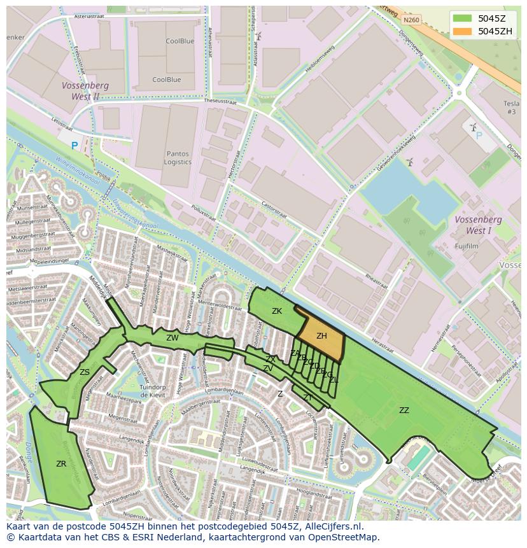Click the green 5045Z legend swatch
point(463,18)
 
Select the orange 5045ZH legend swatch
point(463,31)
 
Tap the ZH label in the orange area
point(321,336)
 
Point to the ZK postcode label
point(277,311)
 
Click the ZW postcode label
point(172,338)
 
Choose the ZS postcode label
point(85,372)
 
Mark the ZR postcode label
point(61,464)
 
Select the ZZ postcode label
point(404,411)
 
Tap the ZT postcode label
point(308,398)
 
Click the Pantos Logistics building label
point(178,158)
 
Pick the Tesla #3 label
point(511,108)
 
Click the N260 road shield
point(411,20)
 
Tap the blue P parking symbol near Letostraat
point(74,146)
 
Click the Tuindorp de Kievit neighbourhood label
point(153,391)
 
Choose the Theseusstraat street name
point(222,101)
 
